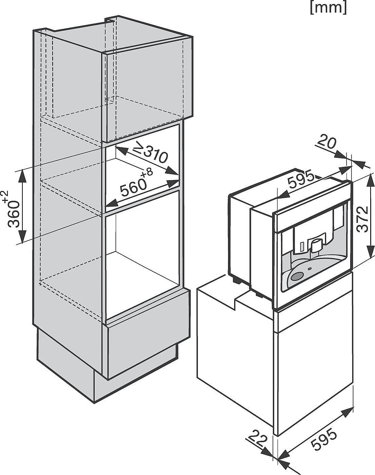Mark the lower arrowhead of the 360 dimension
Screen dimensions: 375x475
coord(22,236)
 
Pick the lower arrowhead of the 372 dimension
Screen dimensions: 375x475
coord(370,249)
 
